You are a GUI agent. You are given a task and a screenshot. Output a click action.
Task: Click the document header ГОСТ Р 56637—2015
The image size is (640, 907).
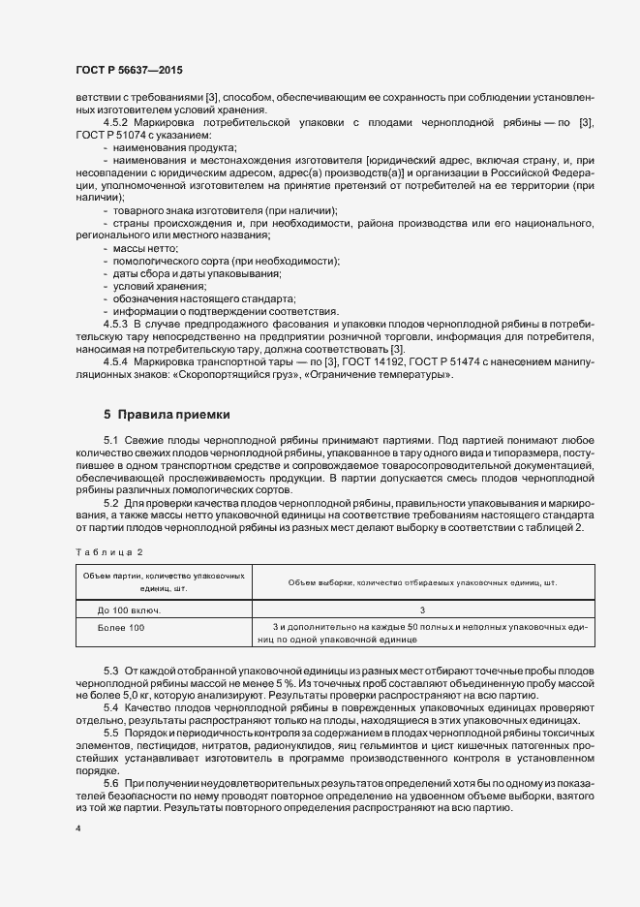pyautogui.click(x=128, y=70)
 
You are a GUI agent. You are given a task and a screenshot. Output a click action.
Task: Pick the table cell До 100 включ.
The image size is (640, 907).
pyautogui.click(x=129, y=610)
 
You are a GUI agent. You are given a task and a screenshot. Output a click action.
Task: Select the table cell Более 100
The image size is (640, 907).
pyautogui.click(x=122, y=628)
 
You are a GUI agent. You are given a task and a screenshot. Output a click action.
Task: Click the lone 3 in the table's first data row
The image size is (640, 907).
pyautogui.click(x=422, y=610)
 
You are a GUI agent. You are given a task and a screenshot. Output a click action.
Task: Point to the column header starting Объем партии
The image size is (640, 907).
pyautogui.click(x=162, y=581)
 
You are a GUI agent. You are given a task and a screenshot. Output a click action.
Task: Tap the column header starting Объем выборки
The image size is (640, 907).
pyautogui.click(x=422, y=581)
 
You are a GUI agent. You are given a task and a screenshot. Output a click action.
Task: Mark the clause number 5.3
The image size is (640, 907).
pyautogui.click(x=111, y=671)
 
